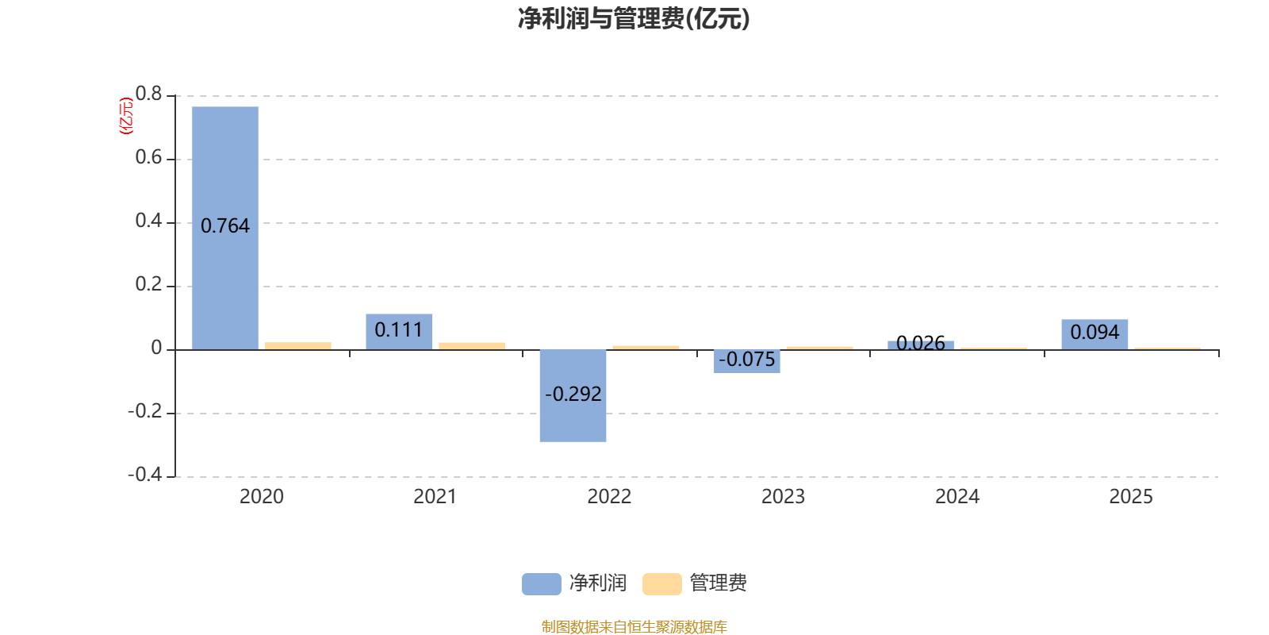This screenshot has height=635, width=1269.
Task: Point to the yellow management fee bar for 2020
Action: tap(298, 345)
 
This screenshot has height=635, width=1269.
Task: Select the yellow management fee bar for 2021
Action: tap(472, 345)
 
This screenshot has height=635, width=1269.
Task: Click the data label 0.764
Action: tap(225, 226)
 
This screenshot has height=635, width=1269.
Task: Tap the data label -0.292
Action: tap(573, 394)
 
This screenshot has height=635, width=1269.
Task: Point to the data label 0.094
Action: tap(1095, 333)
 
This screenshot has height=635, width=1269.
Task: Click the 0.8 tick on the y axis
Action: tap(148, 94)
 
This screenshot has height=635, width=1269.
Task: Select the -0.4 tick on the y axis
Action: tap(145, 475)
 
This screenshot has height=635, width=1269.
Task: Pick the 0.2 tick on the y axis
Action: tap(148, 284)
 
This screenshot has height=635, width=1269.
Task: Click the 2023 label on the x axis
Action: tap(783, 497)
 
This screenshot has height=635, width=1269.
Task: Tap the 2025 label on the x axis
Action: tap(1130, 497)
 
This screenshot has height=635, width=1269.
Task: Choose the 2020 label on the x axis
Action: tap(262, 497)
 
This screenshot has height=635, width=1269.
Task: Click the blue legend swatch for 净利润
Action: tap(542, 584)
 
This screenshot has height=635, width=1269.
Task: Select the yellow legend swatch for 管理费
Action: tap(662, 584)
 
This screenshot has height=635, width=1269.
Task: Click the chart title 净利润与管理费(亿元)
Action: tap(634, 18)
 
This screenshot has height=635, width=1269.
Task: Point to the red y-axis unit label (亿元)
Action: tap(125, 116)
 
